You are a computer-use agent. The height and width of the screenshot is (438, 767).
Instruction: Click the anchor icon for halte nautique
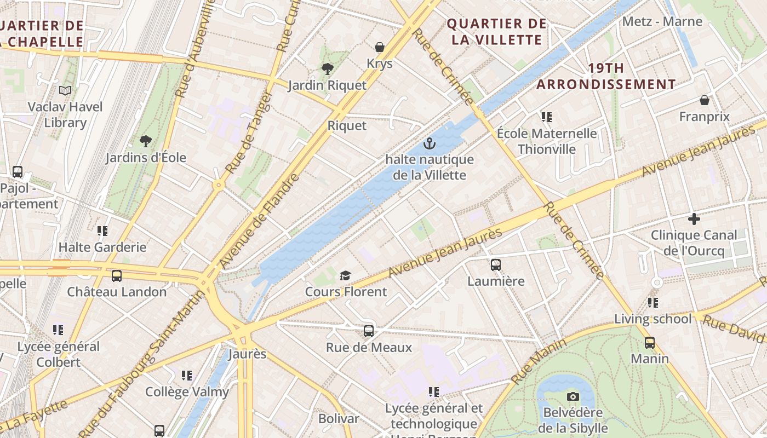(x=430, y=144)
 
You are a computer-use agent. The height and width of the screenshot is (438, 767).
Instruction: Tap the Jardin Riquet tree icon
(x=327, y=69)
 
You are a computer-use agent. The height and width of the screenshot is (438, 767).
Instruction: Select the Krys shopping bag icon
(x=380, y=48)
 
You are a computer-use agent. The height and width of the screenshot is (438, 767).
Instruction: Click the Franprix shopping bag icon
(x=705, y=100)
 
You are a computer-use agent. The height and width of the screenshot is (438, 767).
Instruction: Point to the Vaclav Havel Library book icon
(x=65, y=90)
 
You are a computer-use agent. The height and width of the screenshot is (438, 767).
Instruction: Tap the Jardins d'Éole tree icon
(x=146, y=141)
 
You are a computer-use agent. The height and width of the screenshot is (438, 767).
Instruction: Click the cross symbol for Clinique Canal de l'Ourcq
(x=694, y=219)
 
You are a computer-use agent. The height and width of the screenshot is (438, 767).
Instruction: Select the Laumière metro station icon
(x=496, y=265)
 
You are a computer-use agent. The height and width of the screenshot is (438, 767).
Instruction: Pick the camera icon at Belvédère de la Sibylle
(x=573, y=396)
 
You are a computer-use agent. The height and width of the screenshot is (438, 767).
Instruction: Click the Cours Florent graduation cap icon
(x=345, y=275)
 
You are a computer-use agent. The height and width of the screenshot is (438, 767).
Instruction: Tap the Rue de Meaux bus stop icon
(x=369, y=331)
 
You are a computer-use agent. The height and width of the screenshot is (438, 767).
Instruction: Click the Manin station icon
(x=650, y=343)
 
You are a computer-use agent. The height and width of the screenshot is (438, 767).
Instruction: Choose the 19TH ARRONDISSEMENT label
(x=606, y=76)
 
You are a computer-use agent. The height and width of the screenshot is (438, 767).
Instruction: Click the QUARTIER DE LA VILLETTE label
(x=496, y=32)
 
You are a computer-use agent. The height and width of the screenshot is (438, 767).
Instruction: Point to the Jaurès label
(x=247, y=354)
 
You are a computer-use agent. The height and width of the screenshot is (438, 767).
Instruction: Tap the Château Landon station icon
(x=117, y=276)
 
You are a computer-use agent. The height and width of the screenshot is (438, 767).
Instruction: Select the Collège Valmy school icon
(x=187, y=376)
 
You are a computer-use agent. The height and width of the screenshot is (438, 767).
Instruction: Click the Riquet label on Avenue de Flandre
(x=347, y=125)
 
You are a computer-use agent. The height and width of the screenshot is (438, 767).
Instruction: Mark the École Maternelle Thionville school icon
(x=546, y=117)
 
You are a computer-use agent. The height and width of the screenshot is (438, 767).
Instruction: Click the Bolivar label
(x=339, y=419)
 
